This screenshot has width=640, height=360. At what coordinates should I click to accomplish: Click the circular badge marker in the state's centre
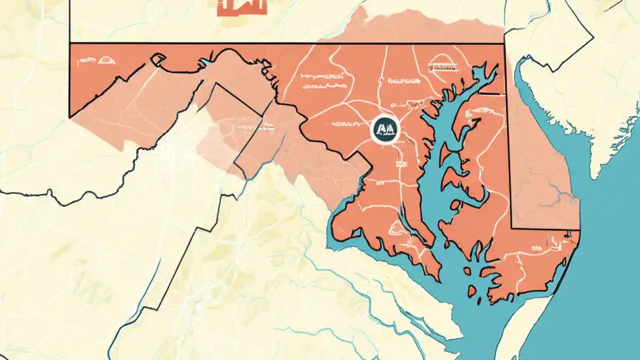[385, 129]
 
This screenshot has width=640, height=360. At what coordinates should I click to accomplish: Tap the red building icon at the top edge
[242, 7]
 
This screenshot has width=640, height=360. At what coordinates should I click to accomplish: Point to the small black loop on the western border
[158, 59]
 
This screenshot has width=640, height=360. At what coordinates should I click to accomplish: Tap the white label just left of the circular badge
[344, 123]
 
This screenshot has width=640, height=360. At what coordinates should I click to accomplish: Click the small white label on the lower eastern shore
[537, 247]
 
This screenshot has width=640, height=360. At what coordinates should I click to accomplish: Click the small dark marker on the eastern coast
[567, 233]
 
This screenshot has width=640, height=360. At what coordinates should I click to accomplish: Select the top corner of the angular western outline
[215, 83]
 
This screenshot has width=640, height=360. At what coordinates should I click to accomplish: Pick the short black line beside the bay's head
[490, 93]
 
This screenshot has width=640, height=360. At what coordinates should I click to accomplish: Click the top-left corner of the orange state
[70, 44]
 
